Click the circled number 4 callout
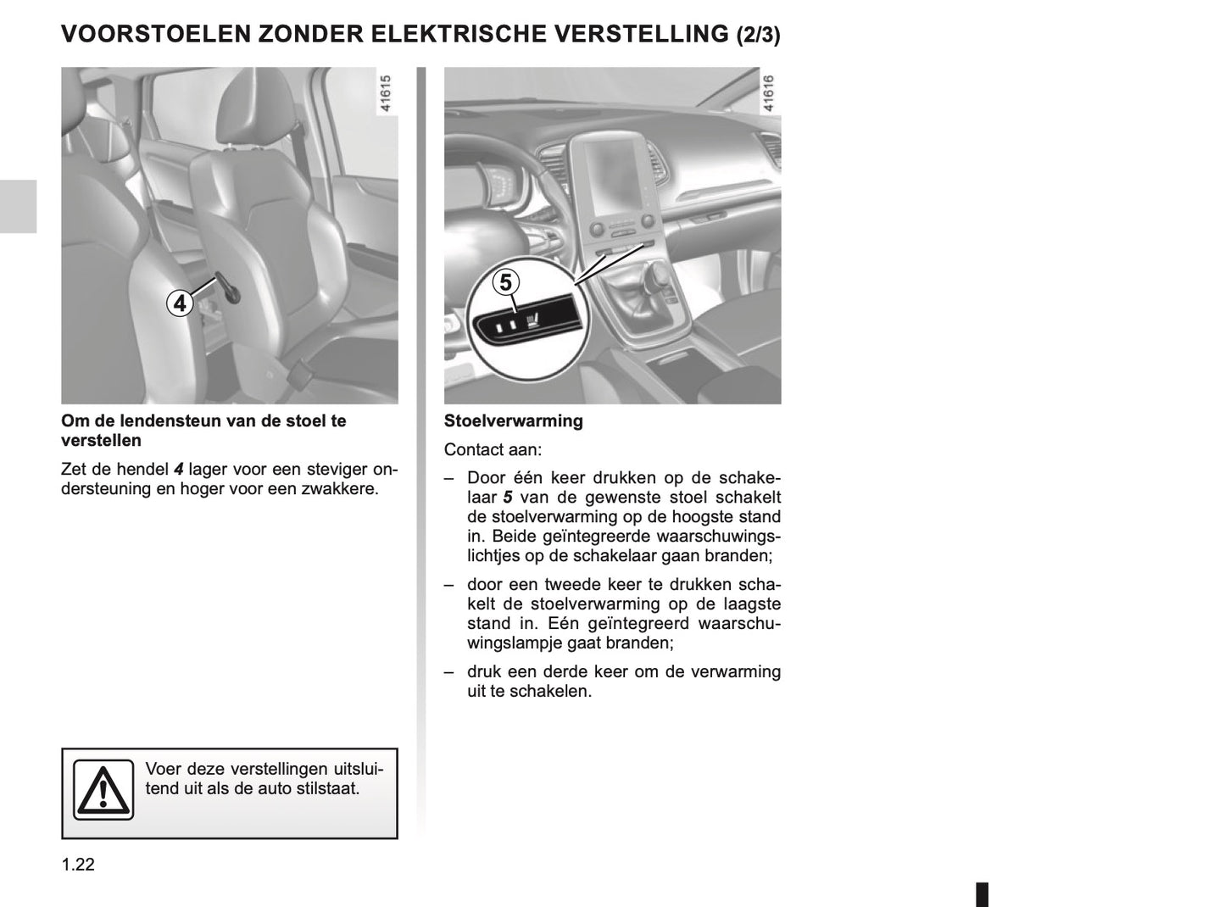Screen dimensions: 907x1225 180,303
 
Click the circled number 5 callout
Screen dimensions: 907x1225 506,281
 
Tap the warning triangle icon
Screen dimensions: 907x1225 103,790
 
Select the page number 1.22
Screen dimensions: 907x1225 78,865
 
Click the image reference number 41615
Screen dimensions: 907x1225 387,94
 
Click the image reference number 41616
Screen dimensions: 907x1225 769,94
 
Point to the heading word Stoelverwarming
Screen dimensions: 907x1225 513,420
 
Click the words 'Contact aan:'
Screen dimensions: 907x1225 493,449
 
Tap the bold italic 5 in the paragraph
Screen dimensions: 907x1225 508,498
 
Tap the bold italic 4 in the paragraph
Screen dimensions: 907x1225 178,469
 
